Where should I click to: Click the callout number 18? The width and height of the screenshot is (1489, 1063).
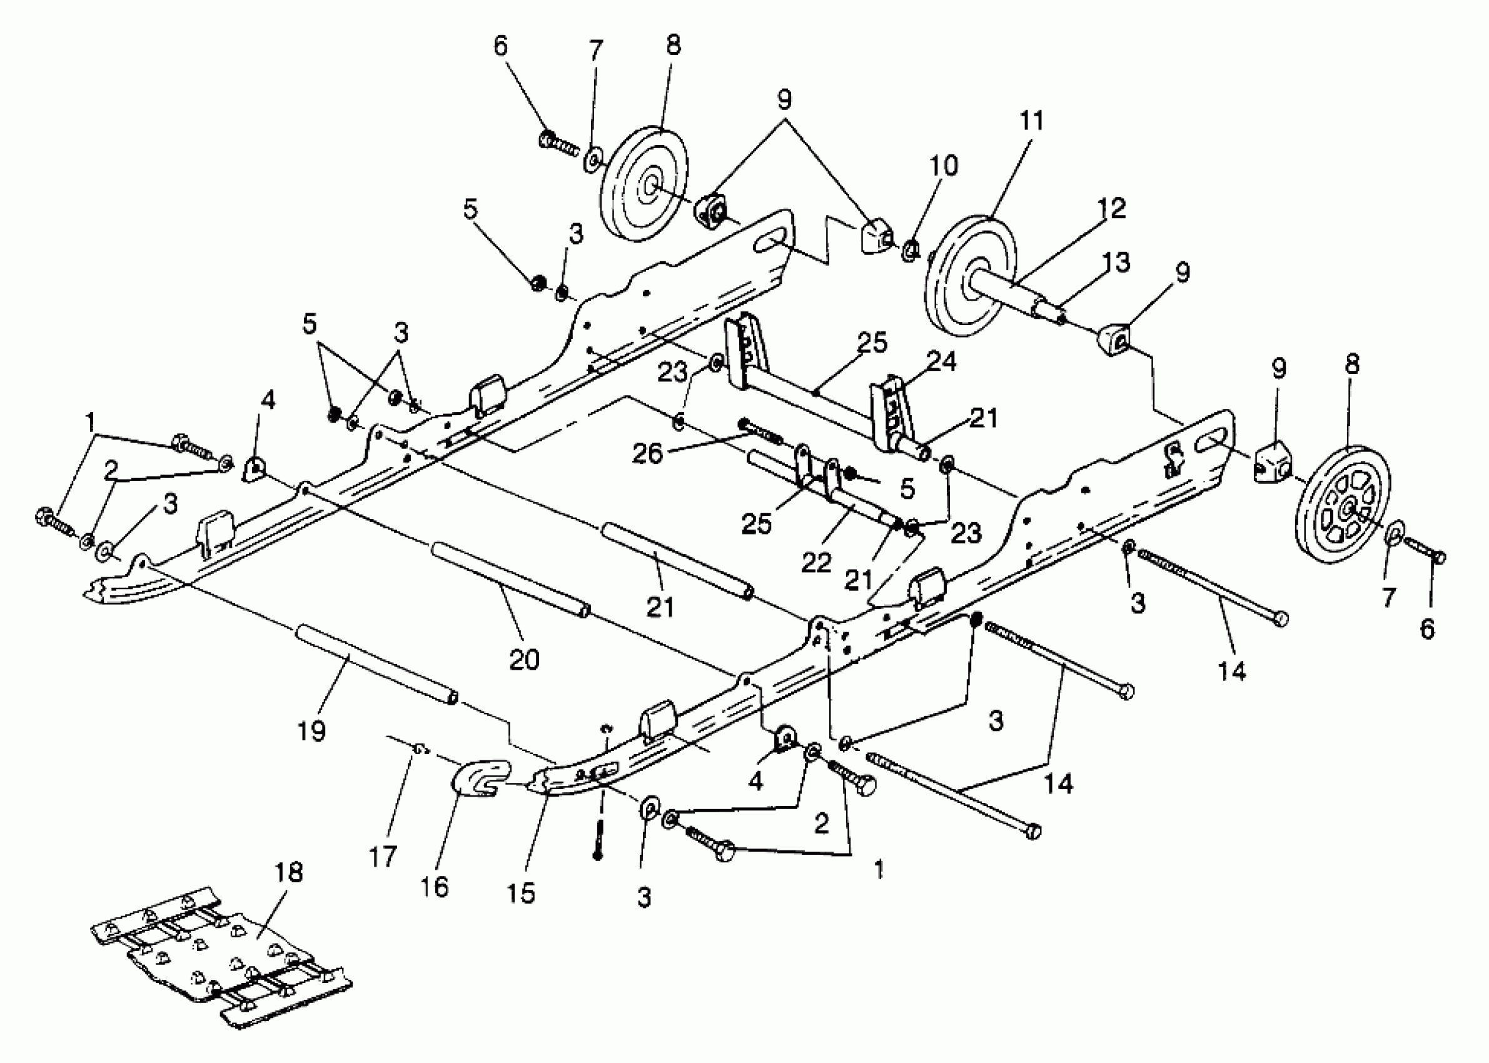coord(290,872)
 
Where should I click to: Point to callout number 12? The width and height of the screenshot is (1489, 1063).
coord(1111,208)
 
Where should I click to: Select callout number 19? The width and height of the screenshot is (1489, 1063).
coord(311,730)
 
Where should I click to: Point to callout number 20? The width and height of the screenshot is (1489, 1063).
coord(523,659)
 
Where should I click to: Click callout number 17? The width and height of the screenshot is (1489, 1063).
coord(383,857)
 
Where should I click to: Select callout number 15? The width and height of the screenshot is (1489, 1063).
coord(521,892)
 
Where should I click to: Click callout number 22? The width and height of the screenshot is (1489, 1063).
coord(816,562)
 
